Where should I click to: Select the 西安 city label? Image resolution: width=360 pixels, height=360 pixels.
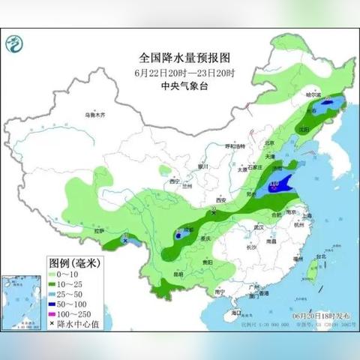pos(220,200)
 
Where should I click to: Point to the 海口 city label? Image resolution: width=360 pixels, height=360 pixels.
pos(237,310)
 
